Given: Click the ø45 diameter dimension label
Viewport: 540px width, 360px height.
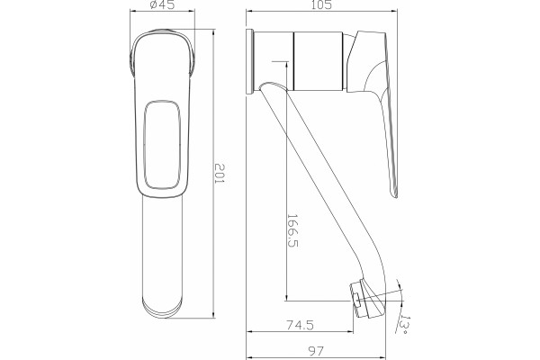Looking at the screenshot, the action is click(x=163, y=4).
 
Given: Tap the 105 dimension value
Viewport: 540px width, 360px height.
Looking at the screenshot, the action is click(x=321, y=4).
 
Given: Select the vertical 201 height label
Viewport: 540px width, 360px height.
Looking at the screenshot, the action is click(x=220, y=173).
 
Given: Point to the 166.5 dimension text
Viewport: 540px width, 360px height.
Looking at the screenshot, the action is click(x=292, y=230).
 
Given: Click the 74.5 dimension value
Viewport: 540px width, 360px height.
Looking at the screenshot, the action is click(x=301, y=325).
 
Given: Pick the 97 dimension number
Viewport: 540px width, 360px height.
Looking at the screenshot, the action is click(x=316, y=351).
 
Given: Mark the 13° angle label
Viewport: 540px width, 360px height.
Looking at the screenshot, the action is click(x=403, y=325).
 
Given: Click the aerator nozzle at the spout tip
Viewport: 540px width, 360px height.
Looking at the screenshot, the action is click(x=361, y=299).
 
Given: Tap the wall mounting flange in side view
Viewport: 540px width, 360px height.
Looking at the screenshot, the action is click(x=250, y=62).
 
